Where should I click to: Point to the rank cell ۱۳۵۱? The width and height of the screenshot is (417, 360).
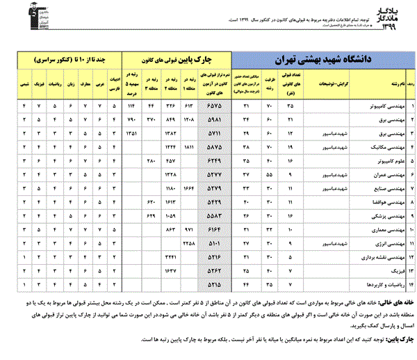pos(131,131)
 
